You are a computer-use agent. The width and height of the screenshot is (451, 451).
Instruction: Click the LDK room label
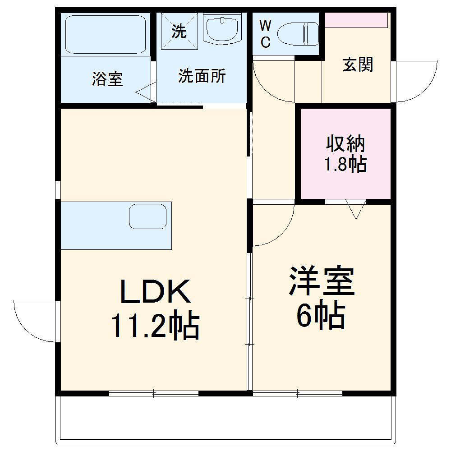155,291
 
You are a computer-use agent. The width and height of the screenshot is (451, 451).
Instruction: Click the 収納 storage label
345,144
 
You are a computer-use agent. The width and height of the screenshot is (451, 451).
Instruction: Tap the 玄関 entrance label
358,64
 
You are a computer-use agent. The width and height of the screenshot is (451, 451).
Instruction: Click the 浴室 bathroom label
107,79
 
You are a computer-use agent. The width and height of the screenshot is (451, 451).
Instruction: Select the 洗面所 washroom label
202,76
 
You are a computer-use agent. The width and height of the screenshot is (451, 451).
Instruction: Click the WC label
265,34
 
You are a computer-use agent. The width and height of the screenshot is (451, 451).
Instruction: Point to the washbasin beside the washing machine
222,28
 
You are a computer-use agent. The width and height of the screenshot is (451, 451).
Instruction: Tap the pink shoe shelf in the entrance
356,20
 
